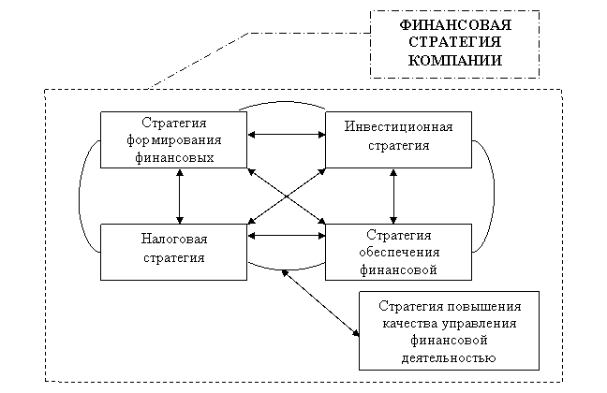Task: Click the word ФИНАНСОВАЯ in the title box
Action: [455, 25]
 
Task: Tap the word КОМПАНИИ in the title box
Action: [455, 60]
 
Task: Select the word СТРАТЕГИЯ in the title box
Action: [455, 42]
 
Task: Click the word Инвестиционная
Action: [398, 127]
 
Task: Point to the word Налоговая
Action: [174, 239]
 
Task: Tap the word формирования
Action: [174, 140]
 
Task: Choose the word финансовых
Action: [174, 158]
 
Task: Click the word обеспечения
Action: [399, 253]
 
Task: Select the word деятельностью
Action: [449, 357]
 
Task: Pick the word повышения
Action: [484, 306]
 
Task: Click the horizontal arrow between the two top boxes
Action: [286, 135]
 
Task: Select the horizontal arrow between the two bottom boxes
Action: [286, 236]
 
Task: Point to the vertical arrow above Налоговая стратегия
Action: [180, 196]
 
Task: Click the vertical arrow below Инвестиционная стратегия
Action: [393, 196]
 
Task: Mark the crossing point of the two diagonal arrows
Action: [287, 196]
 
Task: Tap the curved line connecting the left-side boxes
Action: [80, 196]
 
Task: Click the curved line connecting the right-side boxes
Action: [494, 196]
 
